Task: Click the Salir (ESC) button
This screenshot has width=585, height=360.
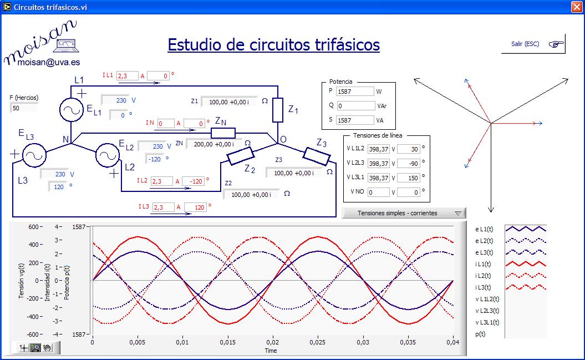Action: pyautogui.click(x=533, y=44)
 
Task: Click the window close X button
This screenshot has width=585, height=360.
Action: pyautogui.click(x=577, y=7)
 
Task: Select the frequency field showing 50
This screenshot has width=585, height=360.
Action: pyautogui.click(x=24, y=108)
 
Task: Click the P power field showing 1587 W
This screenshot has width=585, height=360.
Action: pyautogui.click(x=355, y=92)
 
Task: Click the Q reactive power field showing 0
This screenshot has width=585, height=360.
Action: pyautogui.click(x=355, y=105)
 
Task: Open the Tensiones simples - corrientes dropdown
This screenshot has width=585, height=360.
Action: pyautogui.click(x=404, y=213)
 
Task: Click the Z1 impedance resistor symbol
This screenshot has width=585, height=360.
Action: pyautogui.click(x=278, y=110)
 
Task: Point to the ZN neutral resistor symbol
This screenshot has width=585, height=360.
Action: pyautogui.click(x=223, y=133)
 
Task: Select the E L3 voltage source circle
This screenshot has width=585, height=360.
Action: pyautogui.click(x=33, y=156)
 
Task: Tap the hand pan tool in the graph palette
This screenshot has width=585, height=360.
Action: pyautogui.click(x=47, y=348)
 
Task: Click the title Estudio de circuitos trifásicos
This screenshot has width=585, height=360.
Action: pyautogui.click(x=273, y=45)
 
